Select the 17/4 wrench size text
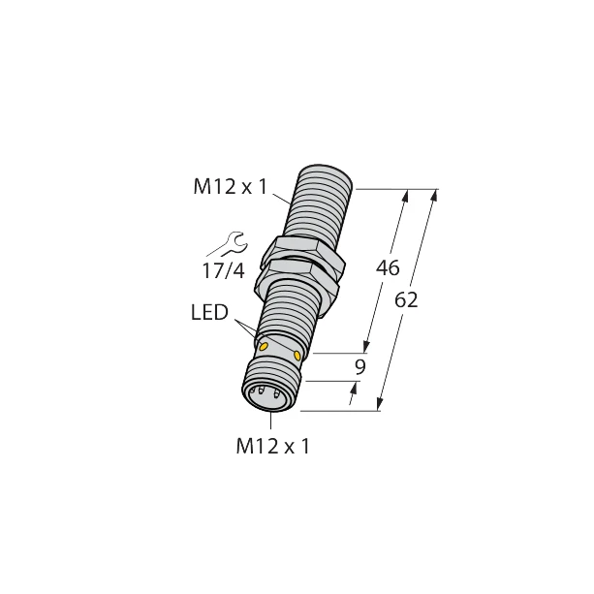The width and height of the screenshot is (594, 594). coord(223,271)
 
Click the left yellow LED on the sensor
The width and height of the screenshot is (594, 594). coord(263,342)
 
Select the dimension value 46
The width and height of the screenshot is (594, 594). coord(388,269)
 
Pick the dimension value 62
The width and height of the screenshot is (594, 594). coord(407,300)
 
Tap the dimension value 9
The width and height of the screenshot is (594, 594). coord(360,367)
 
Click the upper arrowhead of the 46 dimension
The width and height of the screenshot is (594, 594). coord(404,195)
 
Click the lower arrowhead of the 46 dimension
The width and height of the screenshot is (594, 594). coord(368,347)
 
